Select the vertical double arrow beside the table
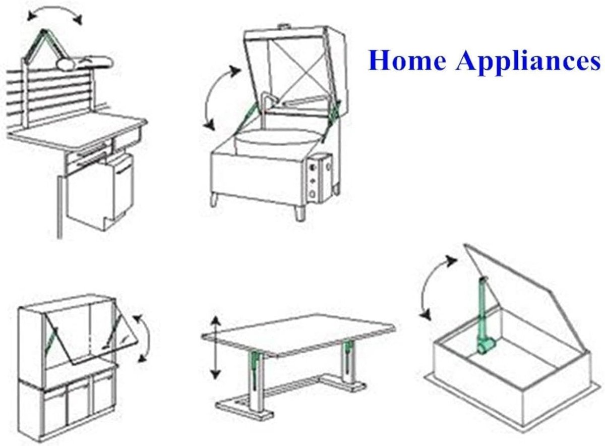point(215,348)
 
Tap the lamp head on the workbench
point(84,63)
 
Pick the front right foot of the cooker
point(299,213)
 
